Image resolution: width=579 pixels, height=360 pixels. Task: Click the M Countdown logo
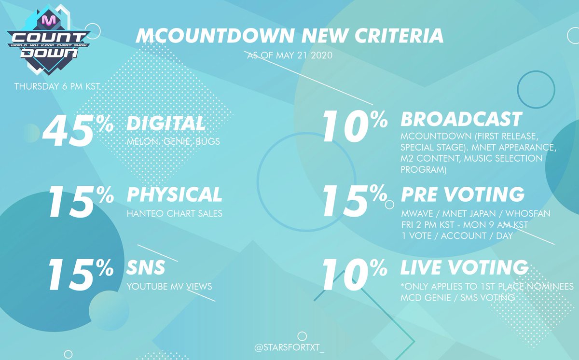pos(48,40)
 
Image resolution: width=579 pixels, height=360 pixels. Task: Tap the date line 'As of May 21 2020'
pos(290,55)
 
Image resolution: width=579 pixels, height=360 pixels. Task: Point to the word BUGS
pos(207,141)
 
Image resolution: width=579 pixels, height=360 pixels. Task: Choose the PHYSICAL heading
pos(174,194)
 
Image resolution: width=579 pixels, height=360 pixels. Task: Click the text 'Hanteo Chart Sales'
pos(175,213)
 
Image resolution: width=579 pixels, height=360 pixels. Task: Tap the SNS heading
pos(146,267)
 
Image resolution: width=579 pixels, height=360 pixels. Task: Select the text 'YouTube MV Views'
pos(169,286)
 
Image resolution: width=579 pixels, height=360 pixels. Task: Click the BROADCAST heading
pos(461,119)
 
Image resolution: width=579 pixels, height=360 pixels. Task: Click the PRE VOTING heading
pos(463,194)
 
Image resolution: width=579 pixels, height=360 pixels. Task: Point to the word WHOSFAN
pos(528,213)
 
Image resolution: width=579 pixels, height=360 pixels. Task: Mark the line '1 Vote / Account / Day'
pos(457,235)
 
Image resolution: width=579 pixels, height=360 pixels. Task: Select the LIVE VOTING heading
pos(464,267)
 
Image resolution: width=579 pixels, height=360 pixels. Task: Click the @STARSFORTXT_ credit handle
pos(289,347)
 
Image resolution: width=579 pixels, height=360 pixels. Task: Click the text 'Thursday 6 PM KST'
pos(57,86)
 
